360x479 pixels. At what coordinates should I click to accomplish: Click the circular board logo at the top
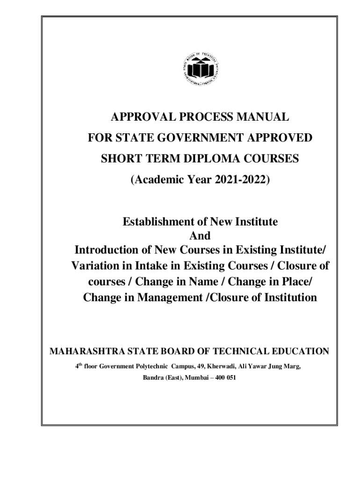[x=200, y=69]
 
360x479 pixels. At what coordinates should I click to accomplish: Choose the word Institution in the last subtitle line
[x=283, y=298]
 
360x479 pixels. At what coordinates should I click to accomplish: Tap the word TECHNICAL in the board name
[x=248, y=351]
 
